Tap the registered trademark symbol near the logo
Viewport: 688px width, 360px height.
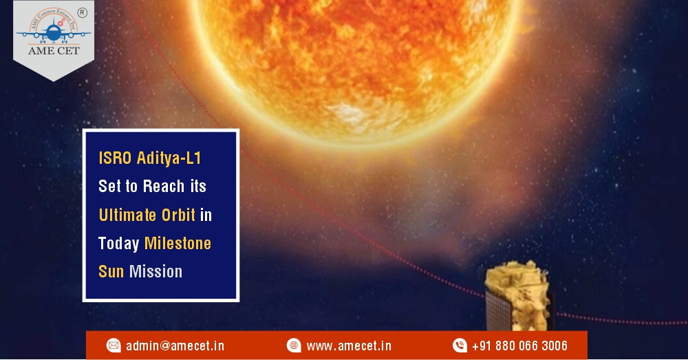[x=82, y=12]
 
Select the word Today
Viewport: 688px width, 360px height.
[x=118, y=244]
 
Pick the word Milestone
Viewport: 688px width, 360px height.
[x=178, y=244]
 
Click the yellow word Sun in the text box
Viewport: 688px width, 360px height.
[x=111, y=271]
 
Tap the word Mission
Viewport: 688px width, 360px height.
[x=155, y=271]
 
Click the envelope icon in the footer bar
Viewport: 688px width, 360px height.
[x=114, y=346]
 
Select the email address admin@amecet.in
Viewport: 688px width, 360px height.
[x=175, y=346]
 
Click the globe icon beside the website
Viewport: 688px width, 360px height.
[x=294, y=346]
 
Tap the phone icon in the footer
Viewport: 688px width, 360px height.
[x=460, y=346]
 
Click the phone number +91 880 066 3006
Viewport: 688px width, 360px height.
[x=519, y=346]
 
